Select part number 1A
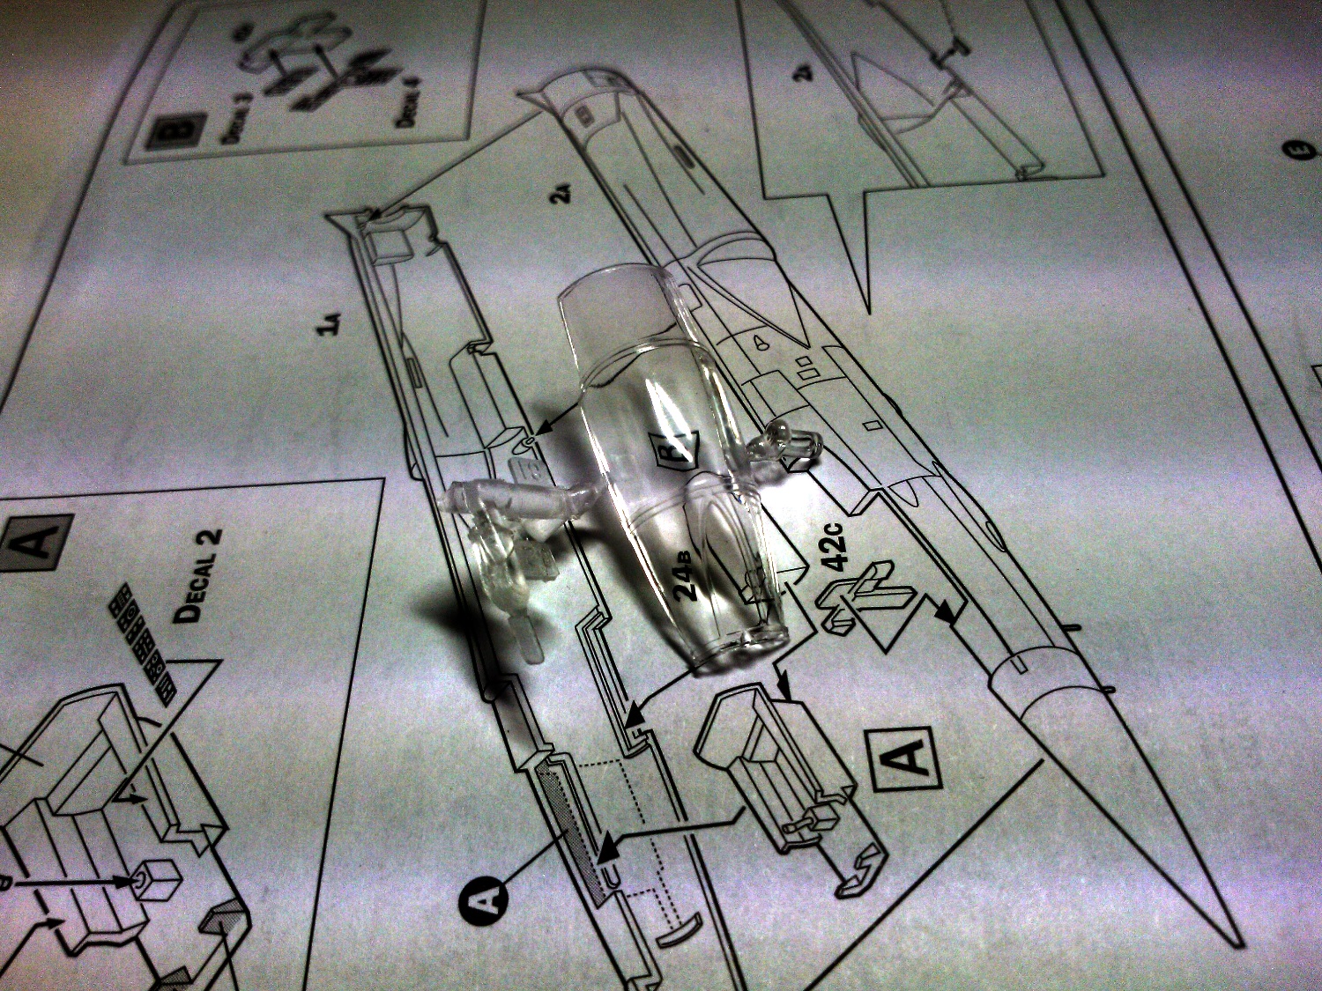pyautogui.click(x=330, y=325)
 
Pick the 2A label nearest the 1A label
pyautogui.click(x=561, y=190)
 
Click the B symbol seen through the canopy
pyautogui.click(x=672, y=447)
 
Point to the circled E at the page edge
pyautogui.click(x=1297, y=152)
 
